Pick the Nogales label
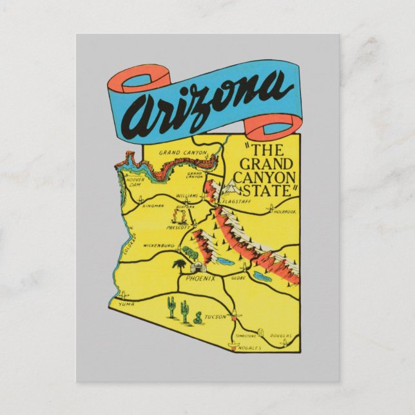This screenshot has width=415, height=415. (x=249, y=347)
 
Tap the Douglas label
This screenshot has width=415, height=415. (x=282, y=336)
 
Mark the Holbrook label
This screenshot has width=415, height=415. (x=284, y=211)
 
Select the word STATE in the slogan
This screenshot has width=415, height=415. (x=267, y=190)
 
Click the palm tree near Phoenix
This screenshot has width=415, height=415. (x=175, y=265)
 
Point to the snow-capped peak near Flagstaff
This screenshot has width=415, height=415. (x=230, y=188)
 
